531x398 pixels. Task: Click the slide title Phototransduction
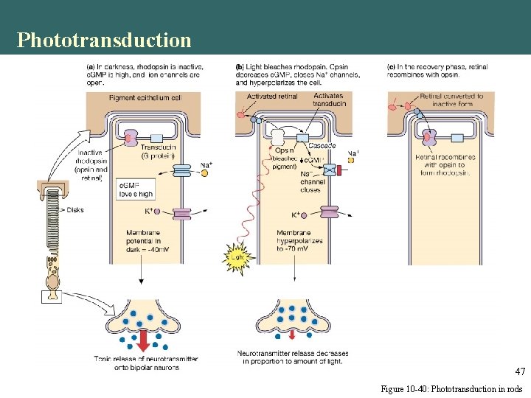(x=104, y=39)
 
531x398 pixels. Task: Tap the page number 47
(x=519, y=371)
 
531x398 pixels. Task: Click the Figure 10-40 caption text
(x=451, y=388)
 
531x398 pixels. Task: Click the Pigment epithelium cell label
(x=145, y=98)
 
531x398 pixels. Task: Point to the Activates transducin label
(x=327, y=100)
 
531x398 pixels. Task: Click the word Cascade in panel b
(x=322, y=146)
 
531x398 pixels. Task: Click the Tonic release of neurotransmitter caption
(x=145, y=363)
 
